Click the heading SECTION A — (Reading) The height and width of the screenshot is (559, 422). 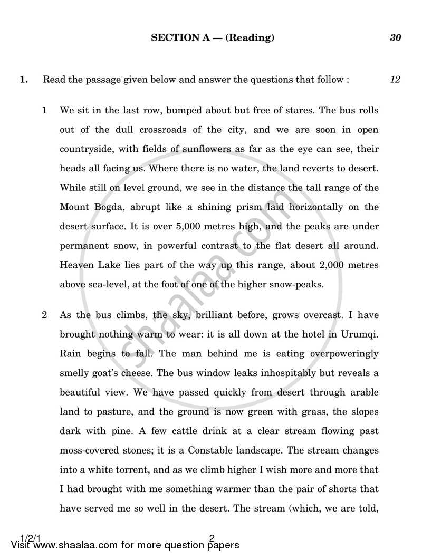click(x=213, y=37)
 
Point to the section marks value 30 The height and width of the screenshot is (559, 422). click(x=396, y=37)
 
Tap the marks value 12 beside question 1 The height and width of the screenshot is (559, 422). click(x=395, y=80)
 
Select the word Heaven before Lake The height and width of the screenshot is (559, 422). click(x=79, y=265)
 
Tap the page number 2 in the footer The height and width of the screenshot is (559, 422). click(x=212, y=538)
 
